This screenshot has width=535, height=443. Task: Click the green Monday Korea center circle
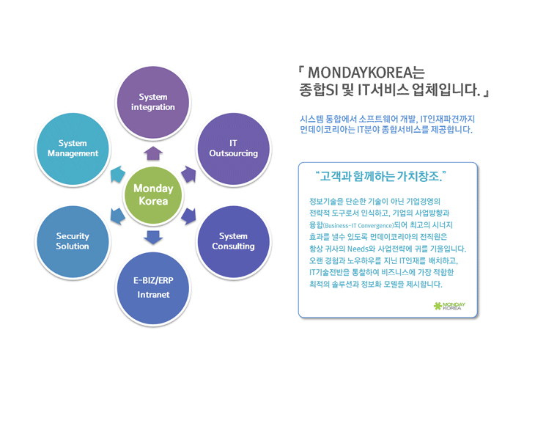(x=153, y=195)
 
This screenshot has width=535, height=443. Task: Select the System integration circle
(x=153, y=102)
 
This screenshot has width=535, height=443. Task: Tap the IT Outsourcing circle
(x=234, y=149)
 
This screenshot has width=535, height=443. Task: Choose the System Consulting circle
(x=234, y=241)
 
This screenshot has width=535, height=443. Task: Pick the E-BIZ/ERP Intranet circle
(x=153, y=288)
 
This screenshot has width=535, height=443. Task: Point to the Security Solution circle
(x=73, y=241)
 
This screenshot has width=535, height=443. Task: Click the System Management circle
(x=73, y=149)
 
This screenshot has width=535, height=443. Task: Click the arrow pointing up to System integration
(x=153, y=153)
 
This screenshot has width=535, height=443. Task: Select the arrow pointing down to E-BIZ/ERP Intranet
(x=153, y=238)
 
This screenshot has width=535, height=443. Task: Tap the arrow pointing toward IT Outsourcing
(x=189, y=175)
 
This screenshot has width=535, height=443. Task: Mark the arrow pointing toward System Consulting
(x=189, y=216)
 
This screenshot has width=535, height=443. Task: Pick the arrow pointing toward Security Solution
(x=118, y=216)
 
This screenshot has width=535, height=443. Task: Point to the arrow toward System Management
(x=118, y=175)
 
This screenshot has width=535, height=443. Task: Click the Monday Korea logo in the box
(x=449, y=306)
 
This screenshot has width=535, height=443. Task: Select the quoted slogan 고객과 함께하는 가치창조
(x=381, y=176)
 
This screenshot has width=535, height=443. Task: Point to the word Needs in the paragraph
(x=358, y=249)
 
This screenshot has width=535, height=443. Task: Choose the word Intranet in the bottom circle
(x=153, y=295)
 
